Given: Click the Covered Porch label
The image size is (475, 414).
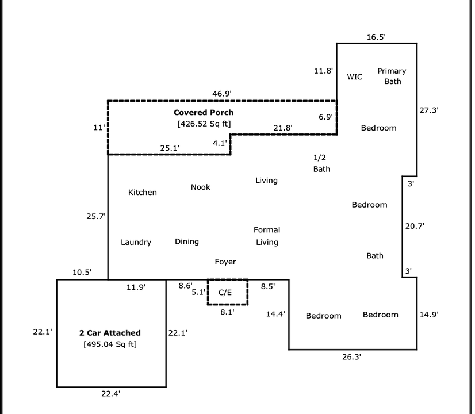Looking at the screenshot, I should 204,113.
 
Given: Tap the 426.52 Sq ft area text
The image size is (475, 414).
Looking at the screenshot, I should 204,124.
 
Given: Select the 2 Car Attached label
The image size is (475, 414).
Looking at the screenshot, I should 110,333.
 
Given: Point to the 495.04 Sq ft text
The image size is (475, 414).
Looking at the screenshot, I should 110,344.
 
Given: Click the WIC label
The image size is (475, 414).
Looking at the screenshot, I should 355,76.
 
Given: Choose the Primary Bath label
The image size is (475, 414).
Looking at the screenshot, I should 392,76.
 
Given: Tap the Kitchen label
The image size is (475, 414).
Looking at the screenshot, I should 142,193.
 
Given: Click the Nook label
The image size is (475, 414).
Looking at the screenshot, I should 201,187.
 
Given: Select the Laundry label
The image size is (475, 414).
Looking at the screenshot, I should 136,243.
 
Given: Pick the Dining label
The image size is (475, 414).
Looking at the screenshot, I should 187,241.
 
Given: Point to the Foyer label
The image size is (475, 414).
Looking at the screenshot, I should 225,262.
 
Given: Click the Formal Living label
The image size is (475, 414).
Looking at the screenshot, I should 267,236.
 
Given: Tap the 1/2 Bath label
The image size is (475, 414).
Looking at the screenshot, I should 322,163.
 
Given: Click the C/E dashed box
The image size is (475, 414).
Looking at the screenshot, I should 227,292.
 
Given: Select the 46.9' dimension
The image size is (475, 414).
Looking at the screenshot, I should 222,93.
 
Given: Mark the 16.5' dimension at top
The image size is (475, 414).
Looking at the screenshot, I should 376,37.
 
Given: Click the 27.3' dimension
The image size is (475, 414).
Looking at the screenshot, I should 429,110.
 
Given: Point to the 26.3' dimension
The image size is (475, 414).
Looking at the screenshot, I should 351,356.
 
